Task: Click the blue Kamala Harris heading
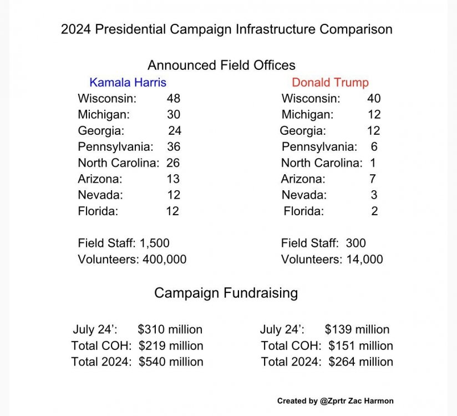pos(128,83)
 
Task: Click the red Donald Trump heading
pos(330,83)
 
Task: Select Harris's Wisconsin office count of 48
pos(174,99)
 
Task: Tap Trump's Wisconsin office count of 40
pos(374,99)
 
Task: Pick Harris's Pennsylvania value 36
pos(174,147)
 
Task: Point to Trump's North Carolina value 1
pos(373,163)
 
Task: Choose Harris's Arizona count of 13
pos(173,179)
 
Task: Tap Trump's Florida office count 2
pos(374,211)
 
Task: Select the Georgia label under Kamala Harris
pos(101,131)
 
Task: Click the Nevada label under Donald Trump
pos(304,195)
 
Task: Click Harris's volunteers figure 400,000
pos(163,259)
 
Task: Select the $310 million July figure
pos(170,329)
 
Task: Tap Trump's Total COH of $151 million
pos(360,346)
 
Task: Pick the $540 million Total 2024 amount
pos(171,362)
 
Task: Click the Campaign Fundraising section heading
pos(226,293)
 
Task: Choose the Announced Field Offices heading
pos(221,65)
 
